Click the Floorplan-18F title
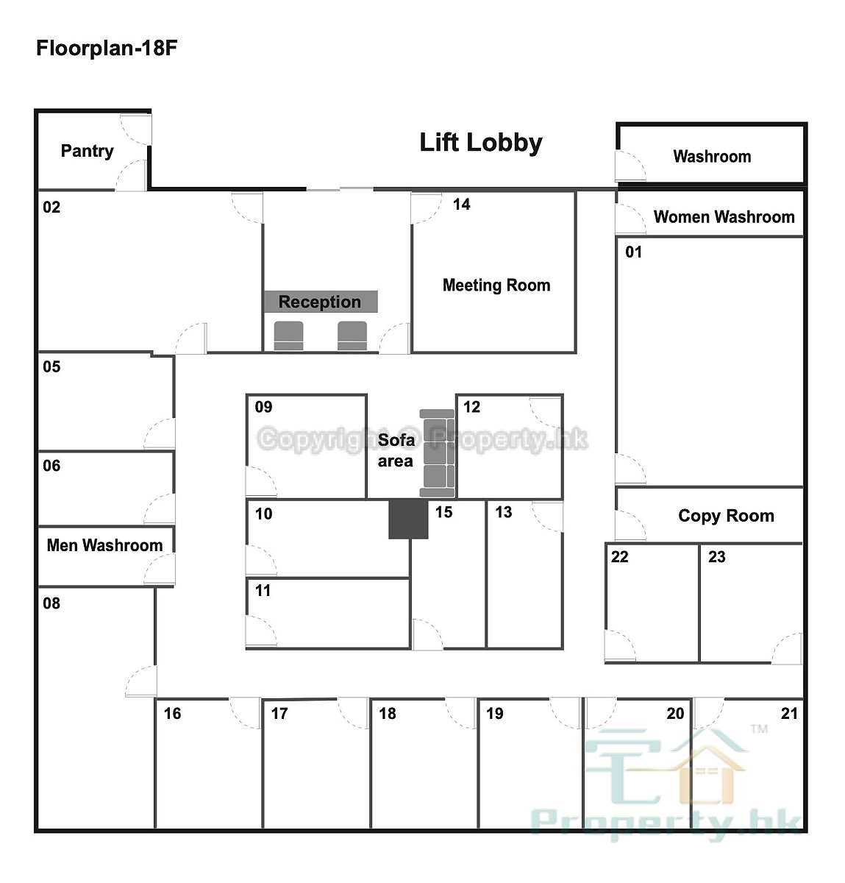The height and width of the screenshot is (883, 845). coord(106,48)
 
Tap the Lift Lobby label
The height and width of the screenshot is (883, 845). coord(481,143)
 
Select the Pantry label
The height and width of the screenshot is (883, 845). coord(87,151)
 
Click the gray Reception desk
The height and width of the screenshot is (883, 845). coord(321,301)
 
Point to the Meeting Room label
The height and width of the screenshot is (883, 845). coord(496,285)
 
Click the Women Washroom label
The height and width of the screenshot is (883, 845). coord(724,217)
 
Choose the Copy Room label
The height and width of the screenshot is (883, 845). coord(726,516)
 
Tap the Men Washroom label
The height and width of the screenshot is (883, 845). coord(104,545)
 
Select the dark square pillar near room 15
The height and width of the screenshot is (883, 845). coord(408,519)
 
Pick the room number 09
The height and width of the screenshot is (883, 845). coord(263,407)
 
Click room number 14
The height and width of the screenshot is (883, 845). coord(462,204)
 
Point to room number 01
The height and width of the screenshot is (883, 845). coord(634,252)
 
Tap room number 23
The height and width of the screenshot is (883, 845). coord(716,557)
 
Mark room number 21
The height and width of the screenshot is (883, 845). coord(789,713)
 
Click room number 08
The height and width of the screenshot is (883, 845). coord(51,603)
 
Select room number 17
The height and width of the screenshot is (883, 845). coord(279,713)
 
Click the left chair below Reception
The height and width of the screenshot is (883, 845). coord(288,336)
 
